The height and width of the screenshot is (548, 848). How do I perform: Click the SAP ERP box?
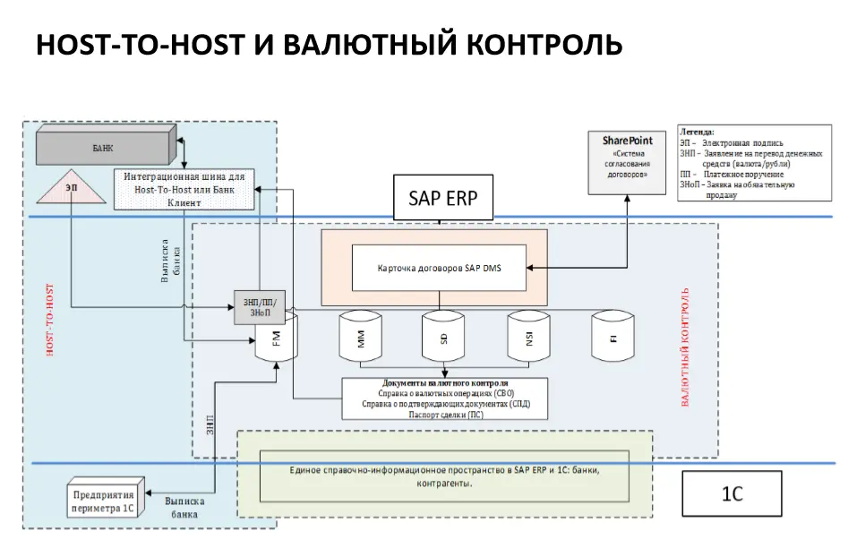[x=443, y=198]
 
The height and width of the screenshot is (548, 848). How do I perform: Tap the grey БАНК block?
[x=104, y=146]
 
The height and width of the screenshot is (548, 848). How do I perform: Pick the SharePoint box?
[x=627, y=161]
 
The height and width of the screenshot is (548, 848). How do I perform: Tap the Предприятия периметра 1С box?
[x=103, y=501]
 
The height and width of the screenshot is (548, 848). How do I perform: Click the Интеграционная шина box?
[x=184, y=189]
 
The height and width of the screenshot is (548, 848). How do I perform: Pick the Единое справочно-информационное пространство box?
[x=444, y=476]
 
